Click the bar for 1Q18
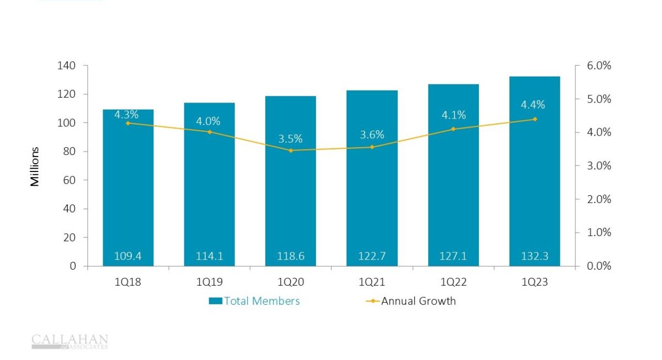pos(128,187)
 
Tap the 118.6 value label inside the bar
pos(290,256)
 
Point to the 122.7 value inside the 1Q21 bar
pos(371,256)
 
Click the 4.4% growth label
pos(533,105)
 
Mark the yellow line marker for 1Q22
pos(453,129)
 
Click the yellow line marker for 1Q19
pos(210,132)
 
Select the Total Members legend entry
pos(254,301)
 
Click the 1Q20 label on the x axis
pos(290,282)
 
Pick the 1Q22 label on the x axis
pos(453,282)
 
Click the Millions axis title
pos(35,166)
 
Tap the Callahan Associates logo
pos(70,341)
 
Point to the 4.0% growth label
pos(210,121)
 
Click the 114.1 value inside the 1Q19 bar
pos(209,256)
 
